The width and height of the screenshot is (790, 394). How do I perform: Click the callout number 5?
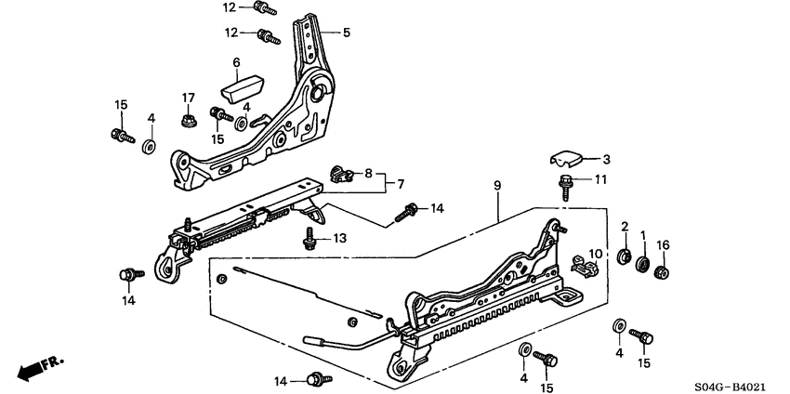[x=347, y=33]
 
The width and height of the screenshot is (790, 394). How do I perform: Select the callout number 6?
[x=236, y=62]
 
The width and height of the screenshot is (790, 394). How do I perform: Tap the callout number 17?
[x=189, y=98]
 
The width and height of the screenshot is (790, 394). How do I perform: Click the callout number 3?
[x=606, y=159]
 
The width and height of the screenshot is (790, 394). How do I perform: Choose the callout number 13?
[x=340, y=239]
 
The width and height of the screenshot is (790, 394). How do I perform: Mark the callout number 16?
[x=663, y=245]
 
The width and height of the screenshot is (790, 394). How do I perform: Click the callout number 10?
[x=595, y=254]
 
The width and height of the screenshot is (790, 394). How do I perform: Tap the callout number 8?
[x=368, y=173]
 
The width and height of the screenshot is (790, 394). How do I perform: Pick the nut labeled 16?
[x=663, y=271]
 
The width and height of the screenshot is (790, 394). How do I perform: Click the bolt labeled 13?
[x=309, y=240]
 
